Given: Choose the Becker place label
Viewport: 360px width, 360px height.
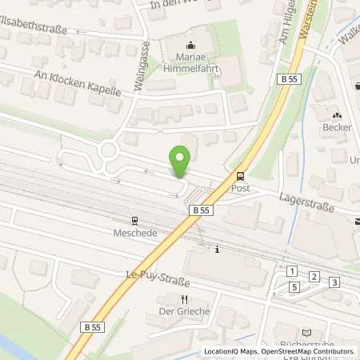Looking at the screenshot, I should (x=337, y=127).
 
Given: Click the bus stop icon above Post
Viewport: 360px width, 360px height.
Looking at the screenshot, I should (x=240, y=176).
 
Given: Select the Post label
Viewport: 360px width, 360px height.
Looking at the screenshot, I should (x=240, y=188).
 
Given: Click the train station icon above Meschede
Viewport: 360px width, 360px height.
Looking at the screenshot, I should (x=135, y=220).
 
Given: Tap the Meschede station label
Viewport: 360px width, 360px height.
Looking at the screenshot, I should (x=135, y=232).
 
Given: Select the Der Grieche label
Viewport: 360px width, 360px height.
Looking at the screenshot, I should (x=183, y=311).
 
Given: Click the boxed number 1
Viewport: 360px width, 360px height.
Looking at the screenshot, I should (x=293, y=272).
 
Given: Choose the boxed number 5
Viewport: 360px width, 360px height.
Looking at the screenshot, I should (x=294, y=286).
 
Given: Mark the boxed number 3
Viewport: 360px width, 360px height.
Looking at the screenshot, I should (x=334, y=282).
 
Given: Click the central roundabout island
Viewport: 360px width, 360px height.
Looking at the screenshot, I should (x=107, y=150).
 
